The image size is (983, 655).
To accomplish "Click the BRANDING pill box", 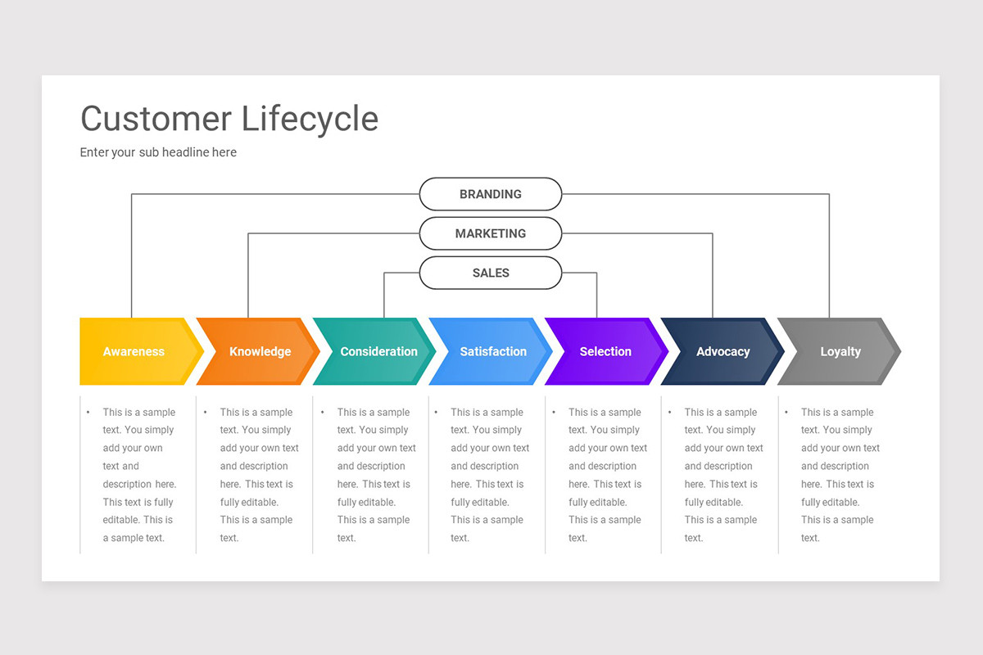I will (490, 194).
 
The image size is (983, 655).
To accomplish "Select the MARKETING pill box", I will (490, 233).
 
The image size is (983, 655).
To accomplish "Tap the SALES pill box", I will (490, 273).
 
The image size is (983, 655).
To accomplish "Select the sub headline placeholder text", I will (158, 152).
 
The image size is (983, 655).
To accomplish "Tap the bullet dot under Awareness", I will (88, 413).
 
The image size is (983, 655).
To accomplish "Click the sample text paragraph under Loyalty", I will (840, 475).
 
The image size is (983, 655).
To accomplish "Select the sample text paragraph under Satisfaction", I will (489, 475).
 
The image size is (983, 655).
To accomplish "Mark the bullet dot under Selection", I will (555, 413).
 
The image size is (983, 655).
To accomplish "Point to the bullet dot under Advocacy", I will (671, 413).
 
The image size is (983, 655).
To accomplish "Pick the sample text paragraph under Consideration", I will (376, 475).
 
